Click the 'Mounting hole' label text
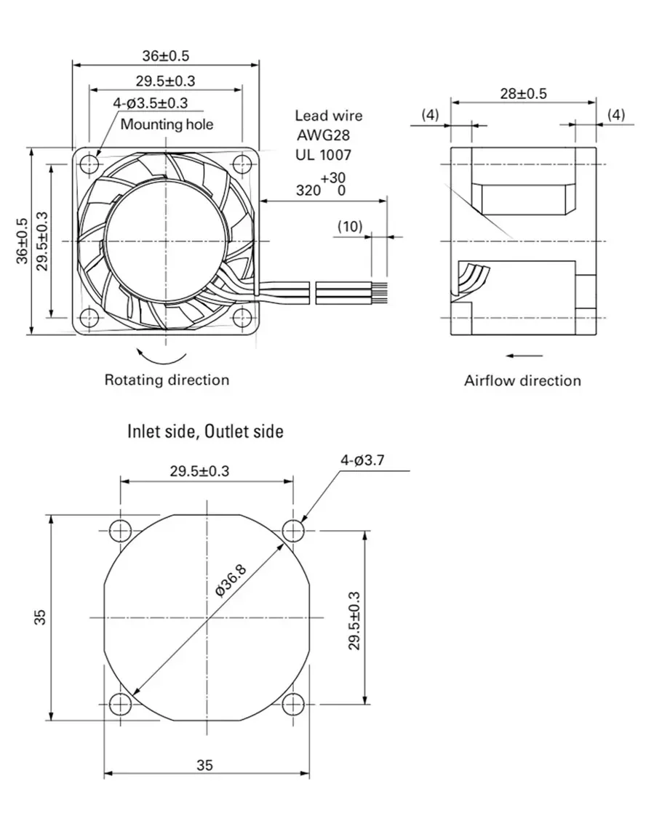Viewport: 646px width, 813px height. click(x=167, y=124)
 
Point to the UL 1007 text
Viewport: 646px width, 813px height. click(x=323, y=154)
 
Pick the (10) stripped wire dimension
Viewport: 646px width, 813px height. click(x=349, y=226)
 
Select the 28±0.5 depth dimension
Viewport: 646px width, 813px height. click(x=523, y=93)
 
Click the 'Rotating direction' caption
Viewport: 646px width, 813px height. click(x=167, y=380)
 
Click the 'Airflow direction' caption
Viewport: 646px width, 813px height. click(x=522, y=380)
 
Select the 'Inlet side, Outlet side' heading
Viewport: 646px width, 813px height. click(x=205, y=431)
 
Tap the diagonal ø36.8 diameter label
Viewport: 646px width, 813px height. click(x=231, y=579)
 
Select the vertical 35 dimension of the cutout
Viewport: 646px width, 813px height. click(x=41, y=617)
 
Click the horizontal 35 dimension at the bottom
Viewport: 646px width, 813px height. click(x=204, y=765)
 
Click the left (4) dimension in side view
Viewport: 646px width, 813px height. click(x=431, y=115)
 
